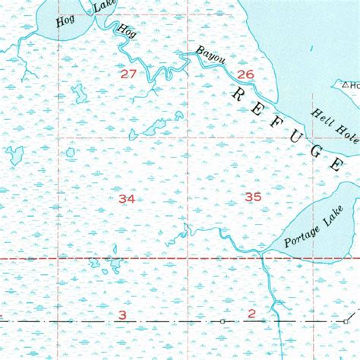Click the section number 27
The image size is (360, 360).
coord(128,74)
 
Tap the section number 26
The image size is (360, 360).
coord(245,74)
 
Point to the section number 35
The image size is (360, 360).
coord(253,197)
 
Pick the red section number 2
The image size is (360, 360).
coord(251,313)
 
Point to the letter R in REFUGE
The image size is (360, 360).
coord(237,93)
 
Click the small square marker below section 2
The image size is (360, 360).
coord(223,322)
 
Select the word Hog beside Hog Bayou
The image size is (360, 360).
coord(125,30)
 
